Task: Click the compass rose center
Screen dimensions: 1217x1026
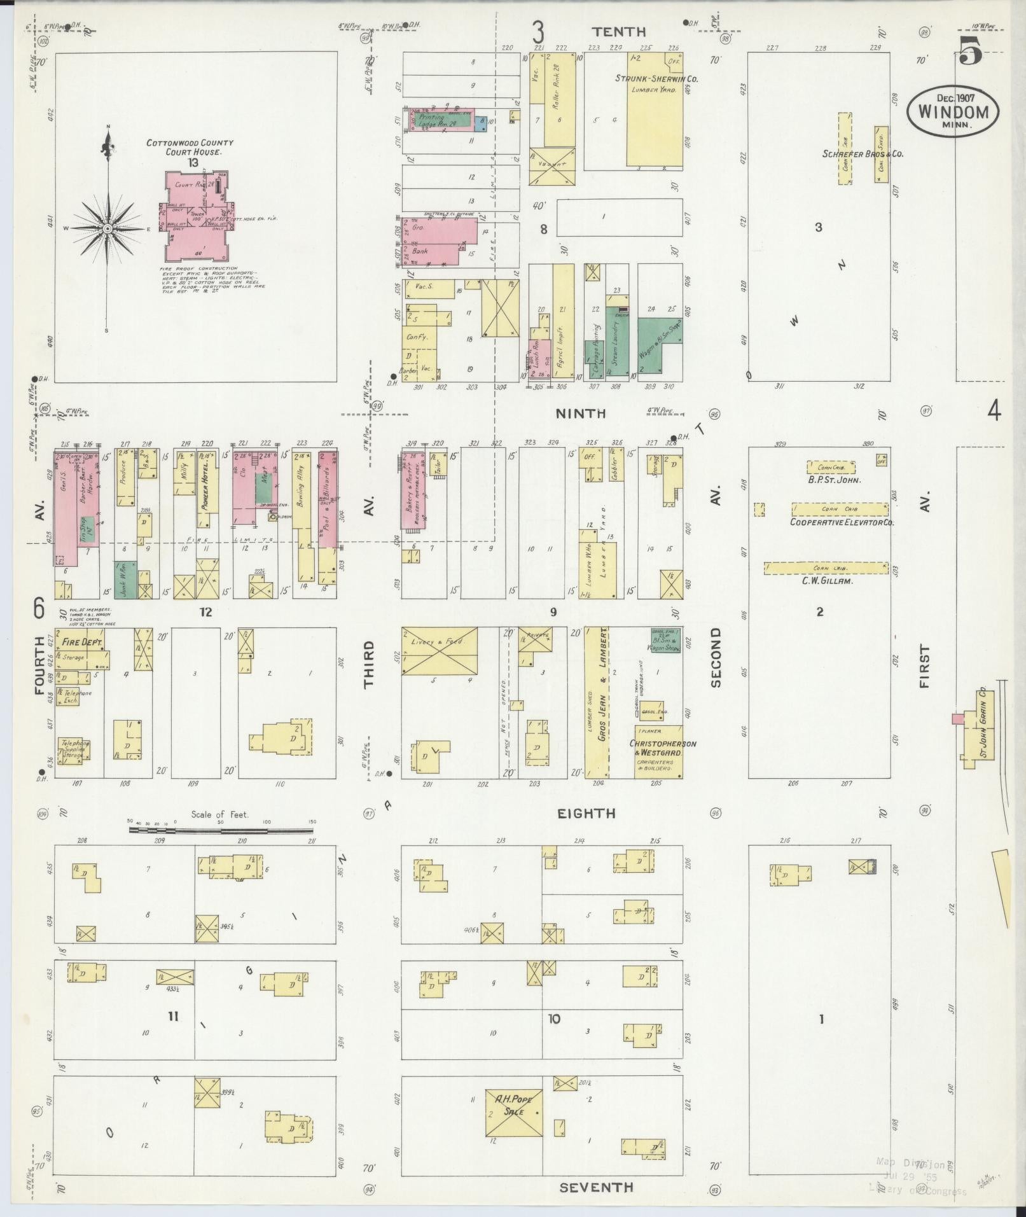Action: click(x=108, y=228)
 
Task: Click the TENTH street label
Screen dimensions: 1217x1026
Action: click(x=618, y=32)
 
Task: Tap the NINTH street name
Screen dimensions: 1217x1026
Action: click(x=581, y=414)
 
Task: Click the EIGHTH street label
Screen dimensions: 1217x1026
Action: click(x=586, y=813)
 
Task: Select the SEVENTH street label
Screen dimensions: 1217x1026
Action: click(x=596, y=1187)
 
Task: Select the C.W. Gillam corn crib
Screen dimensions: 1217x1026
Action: click(x=826, y=568)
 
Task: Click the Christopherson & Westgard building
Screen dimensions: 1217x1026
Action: click(x=659, y=751)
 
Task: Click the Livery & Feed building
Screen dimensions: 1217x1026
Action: click(x=439, y=650)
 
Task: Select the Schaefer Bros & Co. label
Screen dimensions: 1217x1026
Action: click(x=862, y=153)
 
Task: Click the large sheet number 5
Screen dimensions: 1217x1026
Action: click(x=970, y=51)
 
